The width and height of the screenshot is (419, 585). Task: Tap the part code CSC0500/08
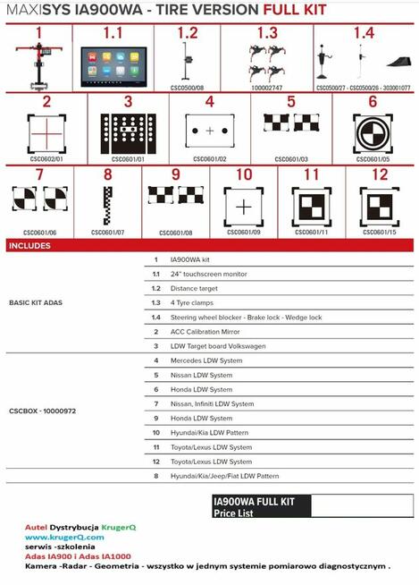coord(188,88)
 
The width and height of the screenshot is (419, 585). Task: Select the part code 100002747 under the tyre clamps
coord(265,88)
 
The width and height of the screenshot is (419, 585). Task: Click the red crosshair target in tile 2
coord(45,134)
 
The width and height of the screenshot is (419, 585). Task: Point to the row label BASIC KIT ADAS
coord(37,302)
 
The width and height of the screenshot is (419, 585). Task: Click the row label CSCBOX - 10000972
coord(42,411)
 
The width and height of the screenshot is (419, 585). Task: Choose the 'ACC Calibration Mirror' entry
coord(205,331)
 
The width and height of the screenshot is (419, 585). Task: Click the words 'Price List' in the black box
coord(235,513)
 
